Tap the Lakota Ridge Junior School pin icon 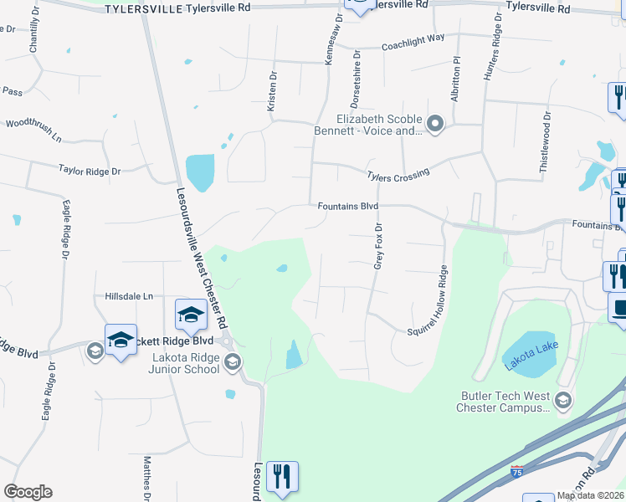click(x=233, y=362)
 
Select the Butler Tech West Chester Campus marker click(x=563, y=402)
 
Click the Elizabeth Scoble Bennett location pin click(x=434, y=125)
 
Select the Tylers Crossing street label click(x=398, y=174)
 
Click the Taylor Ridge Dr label click(x=90, y=171)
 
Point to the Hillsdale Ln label click(x=130, y=296)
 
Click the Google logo click(x=28, y=492)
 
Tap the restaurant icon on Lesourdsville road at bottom click(x=282, y=477)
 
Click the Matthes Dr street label click(x=146, y=474)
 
